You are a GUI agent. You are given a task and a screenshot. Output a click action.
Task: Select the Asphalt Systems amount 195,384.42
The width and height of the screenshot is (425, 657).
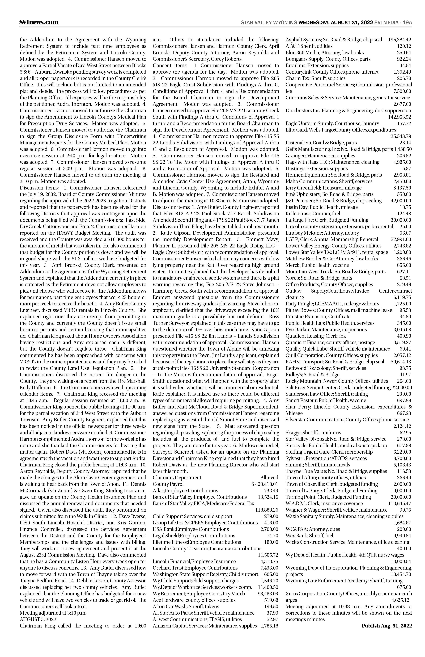pos(399,39)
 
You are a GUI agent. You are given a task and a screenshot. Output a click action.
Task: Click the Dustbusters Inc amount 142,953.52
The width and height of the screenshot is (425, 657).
pos(399,117)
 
